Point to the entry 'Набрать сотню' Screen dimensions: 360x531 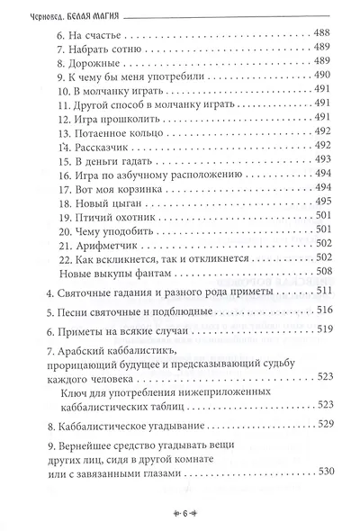pyautogui.click(x=101, y=48)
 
